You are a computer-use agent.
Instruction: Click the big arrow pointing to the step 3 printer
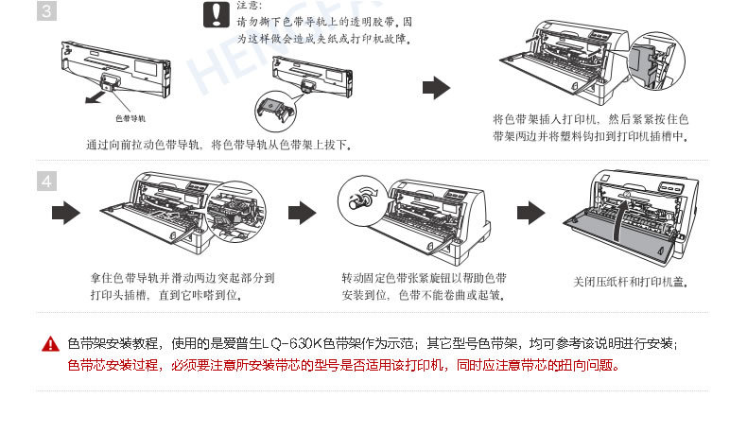pyautogui.click(x=435, y=88)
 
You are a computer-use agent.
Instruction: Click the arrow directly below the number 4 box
pyautogui.click(x=64, y=213)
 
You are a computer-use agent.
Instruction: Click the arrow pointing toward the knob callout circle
pyautogui.click(x=301, y=213)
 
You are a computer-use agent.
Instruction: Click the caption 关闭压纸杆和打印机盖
pyautogui.click(x=630, y=282)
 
